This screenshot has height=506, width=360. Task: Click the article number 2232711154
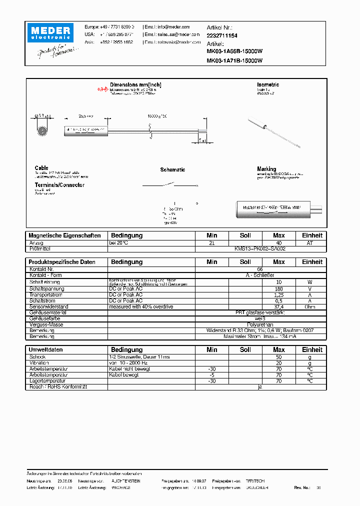coord(222,36)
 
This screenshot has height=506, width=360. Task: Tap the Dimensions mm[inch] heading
coord(135,85)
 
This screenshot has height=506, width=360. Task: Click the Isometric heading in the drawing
coord(268,85)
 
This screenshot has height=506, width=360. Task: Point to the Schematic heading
coord(172,170)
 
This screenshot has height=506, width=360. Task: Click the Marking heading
coord(266,169)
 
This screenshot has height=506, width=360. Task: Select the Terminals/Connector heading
coord(59,185)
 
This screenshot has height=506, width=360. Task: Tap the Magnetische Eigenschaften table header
coord(65,235)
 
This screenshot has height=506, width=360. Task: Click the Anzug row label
coord(36,243)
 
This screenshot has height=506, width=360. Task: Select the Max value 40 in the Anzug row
coord(279,243)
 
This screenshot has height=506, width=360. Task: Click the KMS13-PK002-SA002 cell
coord(260,248)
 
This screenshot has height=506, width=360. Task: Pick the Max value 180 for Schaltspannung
coord(279,288)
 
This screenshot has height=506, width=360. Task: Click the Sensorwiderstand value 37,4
coord(279,306)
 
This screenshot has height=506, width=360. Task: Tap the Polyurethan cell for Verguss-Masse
coord(260,324)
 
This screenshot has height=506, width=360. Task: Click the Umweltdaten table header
coord(46,349)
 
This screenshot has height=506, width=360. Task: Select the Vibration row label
coord(39,363)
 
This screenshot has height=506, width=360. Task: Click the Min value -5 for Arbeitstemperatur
coord(212,374)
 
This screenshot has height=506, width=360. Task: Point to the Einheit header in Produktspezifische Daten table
coord(312,262)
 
